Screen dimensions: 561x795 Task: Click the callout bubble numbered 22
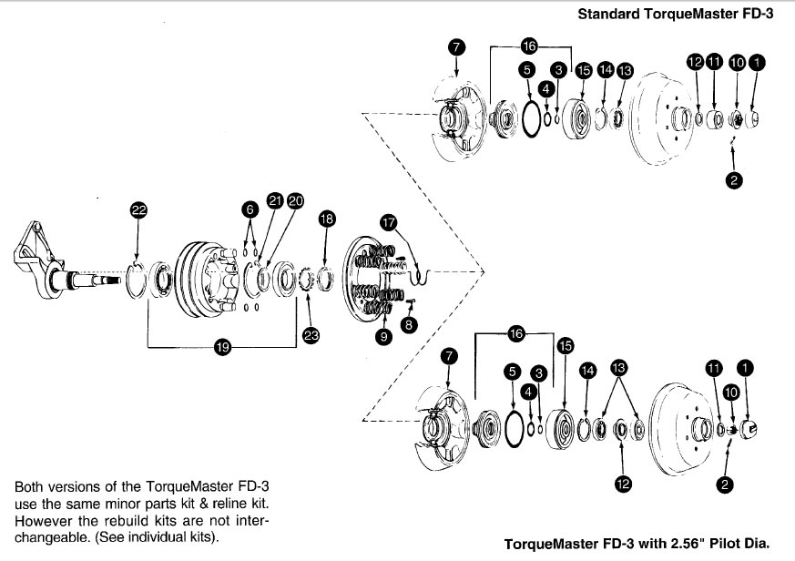(138, 210)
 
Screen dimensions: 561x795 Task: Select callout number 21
(274, 200)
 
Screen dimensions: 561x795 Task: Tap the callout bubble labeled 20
(295, 200)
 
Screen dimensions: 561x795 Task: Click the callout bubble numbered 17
(388, 221)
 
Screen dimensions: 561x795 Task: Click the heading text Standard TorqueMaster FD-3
(682, 15)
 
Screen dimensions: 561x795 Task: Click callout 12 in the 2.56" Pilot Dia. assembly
(623, 484)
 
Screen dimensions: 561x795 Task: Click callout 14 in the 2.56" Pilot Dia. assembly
(587, 371)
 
